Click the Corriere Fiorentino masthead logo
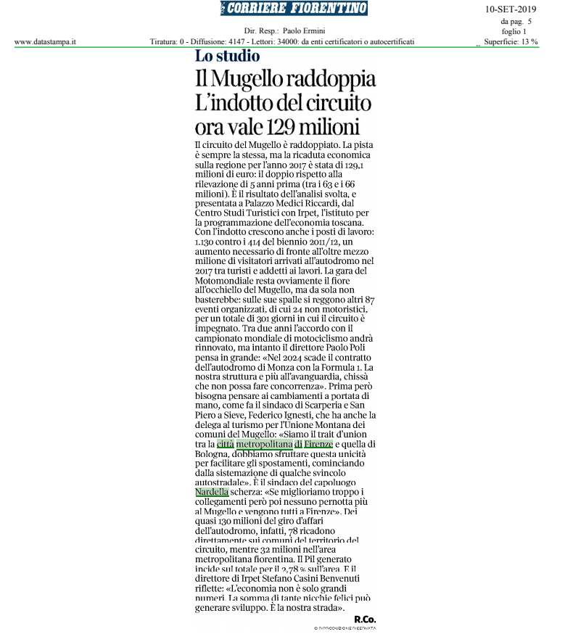tap(294, 9)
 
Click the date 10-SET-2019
tap(511, 9)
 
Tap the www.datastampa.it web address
tap(45, 42)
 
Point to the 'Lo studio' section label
tap(227, 57)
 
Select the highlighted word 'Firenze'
tap(318, 443)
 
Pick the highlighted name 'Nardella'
tap(212, 493)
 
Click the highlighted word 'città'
tap(225, 443)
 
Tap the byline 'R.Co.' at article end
tap(365, 618)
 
